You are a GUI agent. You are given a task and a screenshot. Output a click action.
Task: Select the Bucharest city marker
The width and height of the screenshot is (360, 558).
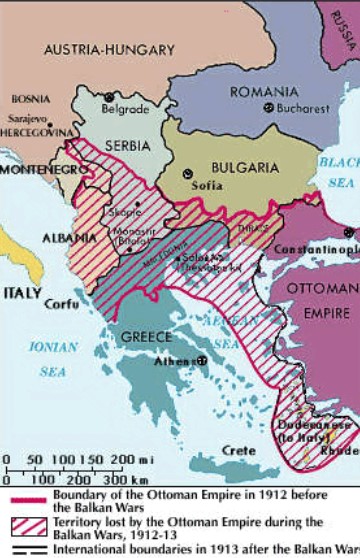267,107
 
